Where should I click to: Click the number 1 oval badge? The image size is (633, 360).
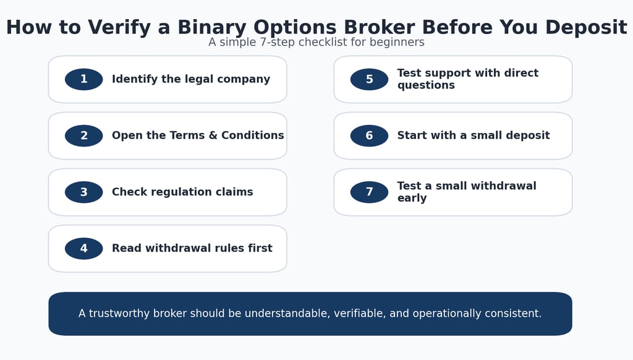point(83,79)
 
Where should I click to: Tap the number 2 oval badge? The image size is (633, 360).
point(83,135)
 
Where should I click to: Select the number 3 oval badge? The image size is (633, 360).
point(83,192)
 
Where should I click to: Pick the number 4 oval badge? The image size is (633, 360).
point(83,249)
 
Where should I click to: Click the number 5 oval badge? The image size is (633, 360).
point(369,79)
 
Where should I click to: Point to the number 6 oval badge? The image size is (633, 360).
point(369,135)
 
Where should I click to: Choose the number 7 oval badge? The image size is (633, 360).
point(369,192)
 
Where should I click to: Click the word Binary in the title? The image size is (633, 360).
point(211,28)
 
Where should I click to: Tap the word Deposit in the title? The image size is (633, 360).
point(586,27)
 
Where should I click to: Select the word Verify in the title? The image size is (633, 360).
point(119,28)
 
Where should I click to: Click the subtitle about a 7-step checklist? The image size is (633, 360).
point(316,42)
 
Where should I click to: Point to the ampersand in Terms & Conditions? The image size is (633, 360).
point(213,135)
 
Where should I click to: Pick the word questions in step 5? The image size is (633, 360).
point(426,85)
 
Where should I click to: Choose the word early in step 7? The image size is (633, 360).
point(412,199)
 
